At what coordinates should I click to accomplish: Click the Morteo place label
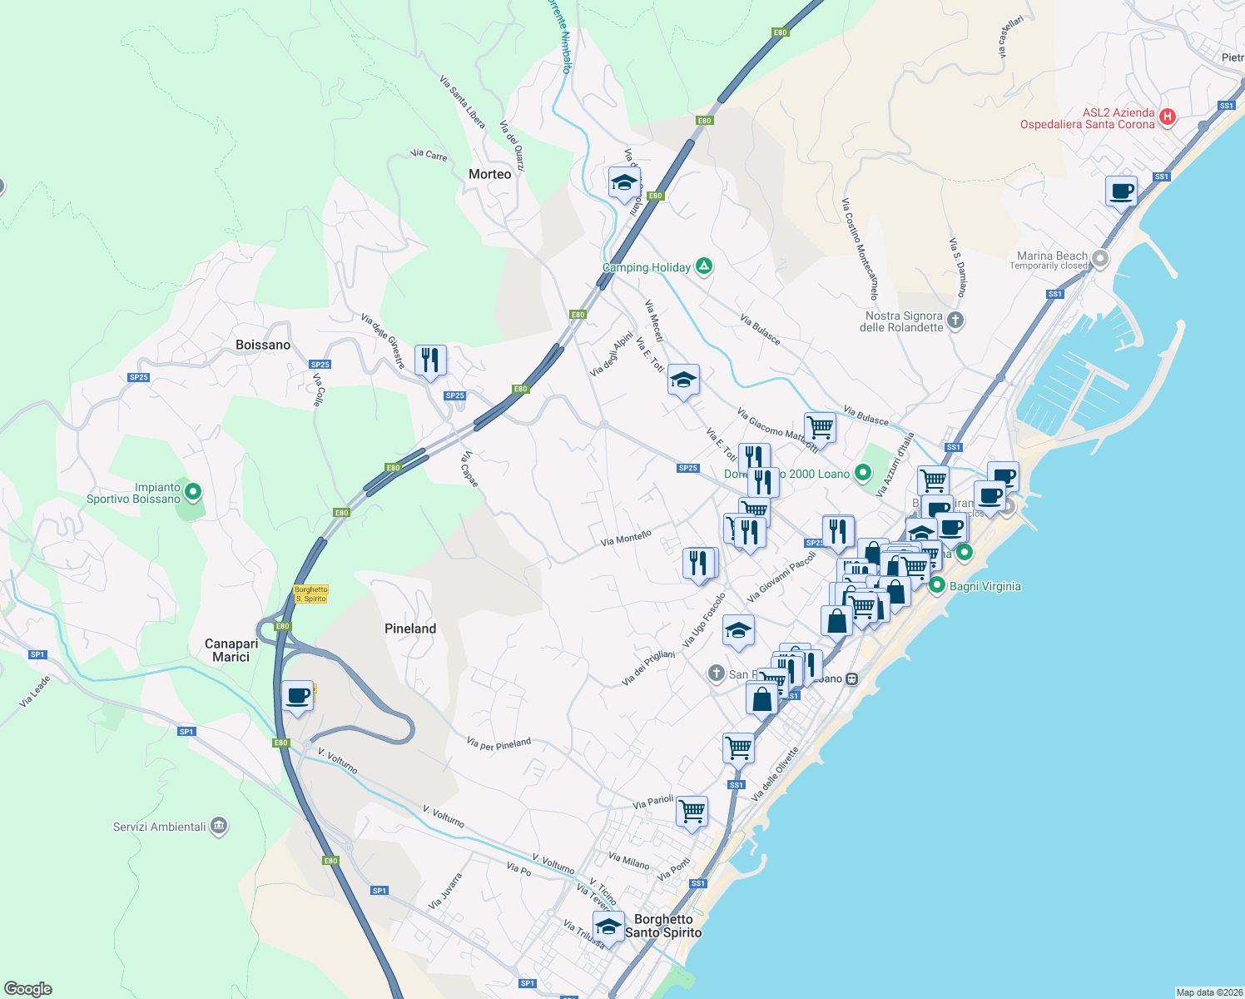[x=489, y=174]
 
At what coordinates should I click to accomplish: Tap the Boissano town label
[x=263, y=345]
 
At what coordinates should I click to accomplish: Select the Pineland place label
[x=410, y=629]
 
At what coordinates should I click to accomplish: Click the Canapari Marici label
[x=231, y=650]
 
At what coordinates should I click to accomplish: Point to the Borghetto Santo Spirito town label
[x=663, y=926]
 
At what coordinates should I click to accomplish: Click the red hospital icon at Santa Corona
[x=1167, y=117]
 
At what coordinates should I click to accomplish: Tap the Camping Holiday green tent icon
[x=704, y=267]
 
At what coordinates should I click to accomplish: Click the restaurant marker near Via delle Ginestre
[x=430, y=360]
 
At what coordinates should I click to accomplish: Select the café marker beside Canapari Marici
[x=297, y=696]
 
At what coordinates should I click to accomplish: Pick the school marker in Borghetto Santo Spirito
[x=608, y=926]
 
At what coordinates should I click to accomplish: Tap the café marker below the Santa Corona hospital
[x=1122, y=191]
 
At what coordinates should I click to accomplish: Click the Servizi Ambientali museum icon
[x=219, y=826]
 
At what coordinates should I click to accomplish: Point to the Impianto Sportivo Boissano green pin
[x=193, y=492]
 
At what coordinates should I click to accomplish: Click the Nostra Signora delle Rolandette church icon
[x=955, y=320]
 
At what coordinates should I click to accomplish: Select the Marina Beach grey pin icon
[x=1100, y=259]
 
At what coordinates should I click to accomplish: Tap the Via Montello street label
[x=626, y=539]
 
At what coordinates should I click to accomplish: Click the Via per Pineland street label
[x=498, y=743]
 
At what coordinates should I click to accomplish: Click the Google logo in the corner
[x=27, y=989]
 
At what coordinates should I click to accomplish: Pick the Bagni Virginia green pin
[x=937, y=585]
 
